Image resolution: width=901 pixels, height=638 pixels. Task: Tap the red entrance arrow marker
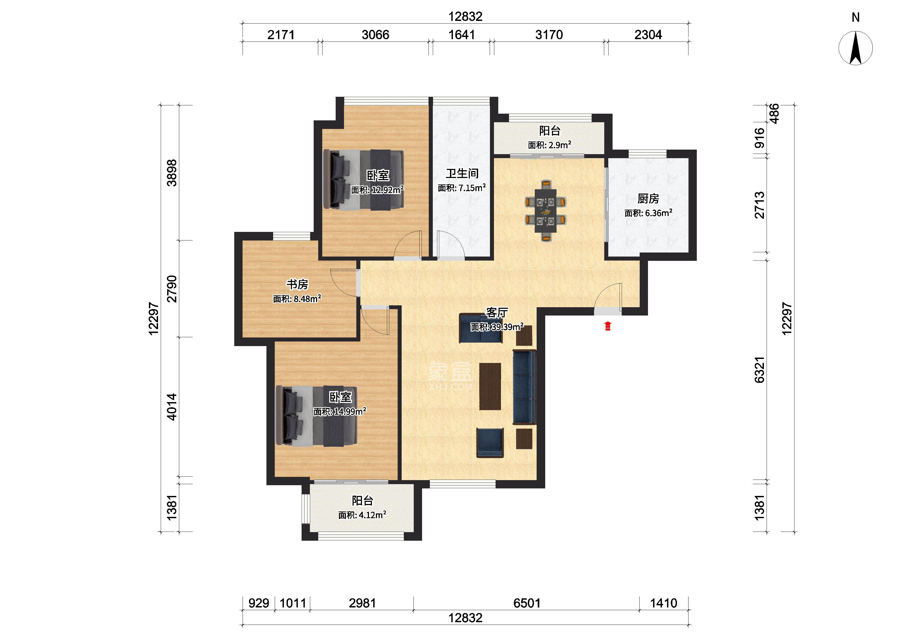click(608, 326)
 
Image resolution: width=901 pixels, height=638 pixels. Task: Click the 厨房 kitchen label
click(648, 199)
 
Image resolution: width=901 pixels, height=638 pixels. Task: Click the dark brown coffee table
click(490, 386)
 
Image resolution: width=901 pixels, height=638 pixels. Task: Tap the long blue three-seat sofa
click(524, 387)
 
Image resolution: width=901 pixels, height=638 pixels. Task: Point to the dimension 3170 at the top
click(549, 35)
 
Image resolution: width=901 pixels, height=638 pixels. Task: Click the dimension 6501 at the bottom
click(527, 603)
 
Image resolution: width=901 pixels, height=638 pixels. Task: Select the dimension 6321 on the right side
click(760, 369)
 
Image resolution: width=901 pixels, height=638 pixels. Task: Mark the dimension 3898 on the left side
click(172, 173)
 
